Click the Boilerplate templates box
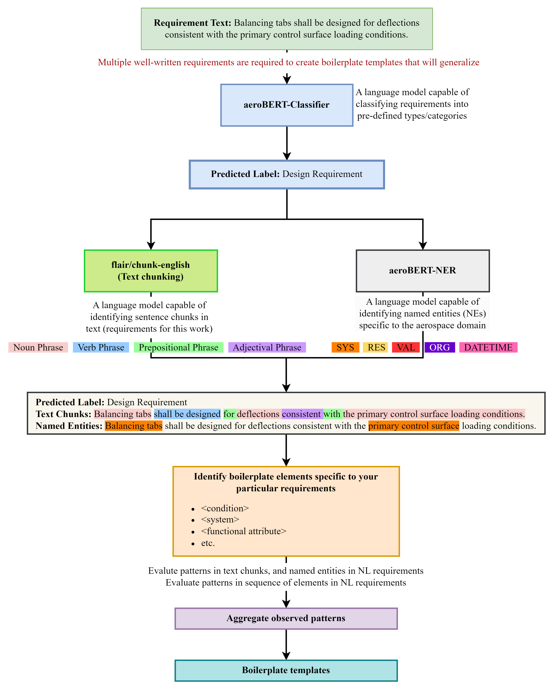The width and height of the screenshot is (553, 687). pos(286,670)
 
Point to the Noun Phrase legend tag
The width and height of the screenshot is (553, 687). pos(38,347)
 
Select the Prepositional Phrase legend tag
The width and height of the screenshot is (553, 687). pos(179,347)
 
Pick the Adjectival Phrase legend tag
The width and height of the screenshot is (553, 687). pos(267,347)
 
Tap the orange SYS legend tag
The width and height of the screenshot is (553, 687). pos(345,347)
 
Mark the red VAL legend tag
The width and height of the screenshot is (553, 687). pos(406,347)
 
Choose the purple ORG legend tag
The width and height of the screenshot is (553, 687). pos(440,347)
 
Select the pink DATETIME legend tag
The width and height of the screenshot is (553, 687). pos(488,347)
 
